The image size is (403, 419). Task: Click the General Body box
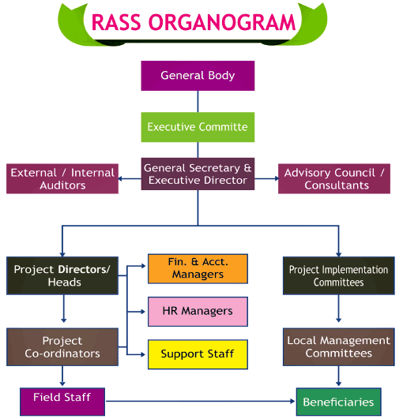click(x=198, y=76)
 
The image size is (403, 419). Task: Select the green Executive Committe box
click(x=198, y=127)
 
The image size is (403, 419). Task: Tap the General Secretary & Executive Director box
click(x=198, y=174)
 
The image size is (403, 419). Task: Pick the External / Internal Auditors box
click(x=62, y=178)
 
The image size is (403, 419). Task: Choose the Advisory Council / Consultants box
click(x=334, y=178)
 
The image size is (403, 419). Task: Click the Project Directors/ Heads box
click(x=62, y=275)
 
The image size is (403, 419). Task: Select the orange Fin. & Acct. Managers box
click(x=198, y=268)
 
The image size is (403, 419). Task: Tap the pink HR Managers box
click(x=198, y=312)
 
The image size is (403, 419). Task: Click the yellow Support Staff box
click(x=198, y=354)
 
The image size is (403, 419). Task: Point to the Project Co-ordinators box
click(x=62, y=347)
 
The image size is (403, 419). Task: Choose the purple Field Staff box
click(x=62, y=402)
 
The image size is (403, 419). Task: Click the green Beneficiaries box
click(x=339, y=402)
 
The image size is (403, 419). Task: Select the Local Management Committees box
click(x=339, y=347)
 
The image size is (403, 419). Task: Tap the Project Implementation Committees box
click(x=339, y=275)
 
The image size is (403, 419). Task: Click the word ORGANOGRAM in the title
click(x=222, y=22)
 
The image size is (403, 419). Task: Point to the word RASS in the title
click(x=116, y=22)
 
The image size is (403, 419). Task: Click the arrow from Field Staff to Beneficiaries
click(x=201, y=401)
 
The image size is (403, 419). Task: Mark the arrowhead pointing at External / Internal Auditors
click(x=120, y=178)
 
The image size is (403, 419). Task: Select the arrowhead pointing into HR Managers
click(x=143, y=312)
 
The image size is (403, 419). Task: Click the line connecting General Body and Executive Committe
click(x=198, y=102)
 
